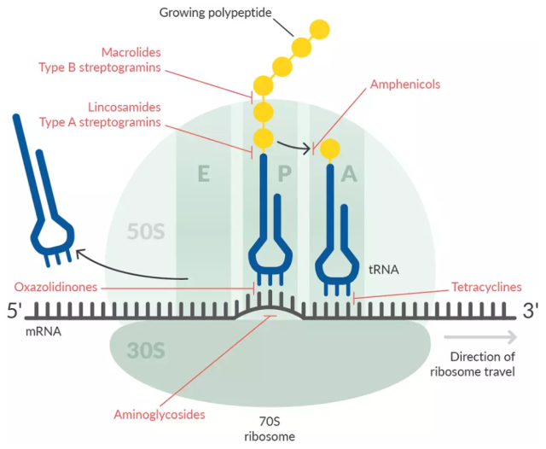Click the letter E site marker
click(203, 175)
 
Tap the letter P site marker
click(285, 175)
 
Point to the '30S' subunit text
click(148, 351)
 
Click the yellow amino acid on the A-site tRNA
click(328, 149)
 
